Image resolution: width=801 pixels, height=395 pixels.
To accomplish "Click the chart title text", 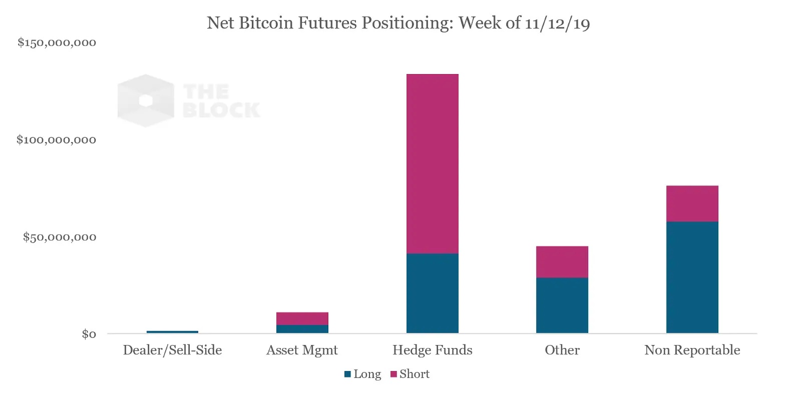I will pyautogui.click(x=398, y=23).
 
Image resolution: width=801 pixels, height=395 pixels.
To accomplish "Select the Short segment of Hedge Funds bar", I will pyautogui.click(x=432, y=163).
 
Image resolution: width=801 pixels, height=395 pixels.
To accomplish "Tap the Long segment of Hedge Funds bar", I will pyautogui.click(x=432, y=293).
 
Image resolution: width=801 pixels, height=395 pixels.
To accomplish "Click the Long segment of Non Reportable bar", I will pyautogui.click(x=692, y=277).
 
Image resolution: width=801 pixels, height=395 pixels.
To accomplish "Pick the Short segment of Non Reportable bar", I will pyautogui.click(x=692, y=203).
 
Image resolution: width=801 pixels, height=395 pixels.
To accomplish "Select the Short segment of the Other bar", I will pyautogui.click(x=562, y=261).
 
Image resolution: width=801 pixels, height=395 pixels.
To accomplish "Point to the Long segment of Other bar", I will pyautogui.click(x=562, y=305).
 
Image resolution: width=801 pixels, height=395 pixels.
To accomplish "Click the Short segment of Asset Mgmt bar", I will pyautogui.click(x=302, y=318).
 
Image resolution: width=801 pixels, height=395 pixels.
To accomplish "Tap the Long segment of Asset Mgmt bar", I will pyautogui.click(x=302, y=329).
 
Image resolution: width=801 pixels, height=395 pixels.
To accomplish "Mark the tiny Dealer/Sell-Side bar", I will pyautogui.click(x=172, y=331).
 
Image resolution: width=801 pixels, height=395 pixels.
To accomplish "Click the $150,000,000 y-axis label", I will pyautogui.click(x=57, y=42).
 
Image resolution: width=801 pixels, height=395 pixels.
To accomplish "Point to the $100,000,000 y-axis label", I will pyautogui.click(x=56, y=140).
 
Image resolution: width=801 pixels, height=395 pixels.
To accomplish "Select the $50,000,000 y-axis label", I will pyautogui.click(x=59, y=237).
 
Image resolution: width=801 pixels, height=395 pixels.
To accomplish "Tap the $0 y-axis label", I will pyautogui.click(x=89, y=334).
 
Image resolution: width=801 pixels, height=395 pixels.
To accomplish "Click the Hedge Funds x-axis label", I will pyautogui.click(x=432, y=350).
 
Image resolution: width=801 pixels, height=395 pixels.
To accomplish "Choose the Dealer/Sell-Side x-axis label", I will pyautogui.click(x=172, y=350).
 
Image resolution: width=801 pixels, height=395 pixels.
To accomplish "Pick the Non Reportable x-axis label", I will pyautogui.click(x=692, y=350).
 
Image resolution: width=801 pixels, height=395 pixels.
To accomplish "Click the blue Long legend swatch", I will pyautogui.click(x=347, y=374).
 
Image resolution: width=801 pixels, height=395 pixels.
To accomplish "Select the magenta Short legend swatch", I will pyautogui.click(x=393, y=374).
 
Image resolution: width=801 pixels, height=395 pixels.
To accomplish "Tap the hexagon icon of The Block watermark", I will pyautogui.click(x=146, y=100).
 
